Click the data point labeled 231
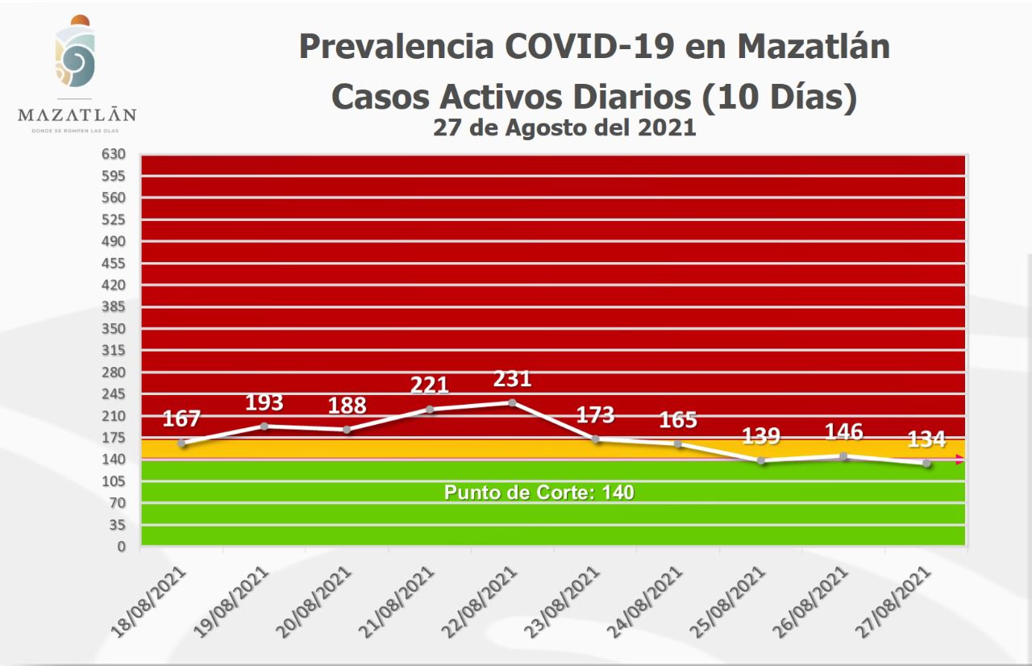pyautogui.click(x=512, y=402)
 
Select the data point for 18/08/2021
pyautogui.click(x=181, y=443)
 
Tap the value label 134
pyautogui.click(x=926, y=440)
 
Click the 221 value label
pyautogui.click(x=429, y=385)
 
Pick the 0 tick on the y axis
pyautogui.click(x=122, y=547)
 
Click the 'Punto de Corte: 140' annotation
pyautogui.click(x=539, y=492)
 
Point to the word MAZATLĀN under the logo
pyautogui.click(x=77, y=114)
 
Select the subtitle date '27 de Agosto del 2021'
pyautogui.click(x=564, y=127)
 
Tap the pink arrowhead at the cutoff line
pyautogui.click(x=959, y=460)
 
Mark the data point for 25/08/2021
pyautogui.click(x=760, y=460)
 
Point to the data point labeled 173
pyautogui.click(x=595, y=439)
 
